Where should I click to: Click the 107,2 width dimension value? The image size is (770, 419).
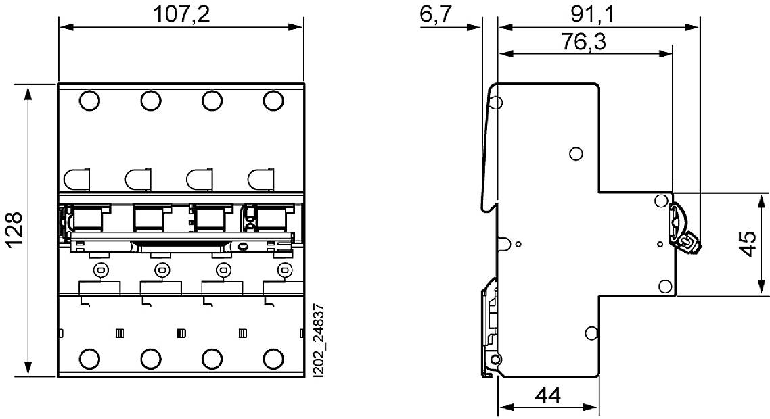181,14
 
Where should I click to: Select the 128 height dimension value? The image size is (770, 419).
15,230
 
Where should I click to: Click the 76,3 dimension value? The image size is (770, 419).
583,42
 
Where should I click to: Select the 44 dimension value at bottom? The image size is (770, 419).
548,396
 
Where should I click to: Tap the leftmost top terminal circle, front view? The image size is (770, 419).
89,101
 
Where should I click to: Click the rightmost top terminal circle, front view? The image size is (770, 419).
273,101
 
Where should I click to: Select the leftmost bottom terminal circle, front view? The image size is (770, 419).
89,358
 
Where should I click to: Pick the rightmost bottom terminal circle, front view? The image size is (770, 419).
273,358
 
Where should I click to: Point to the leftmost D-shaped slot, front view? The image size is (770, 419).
76,180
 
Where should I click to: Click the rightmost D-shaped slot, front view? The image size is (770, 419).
261,180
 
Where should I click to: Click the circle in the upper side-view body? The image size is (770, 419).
576,153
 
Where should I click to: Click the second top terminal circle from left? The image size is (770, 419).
151,101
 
